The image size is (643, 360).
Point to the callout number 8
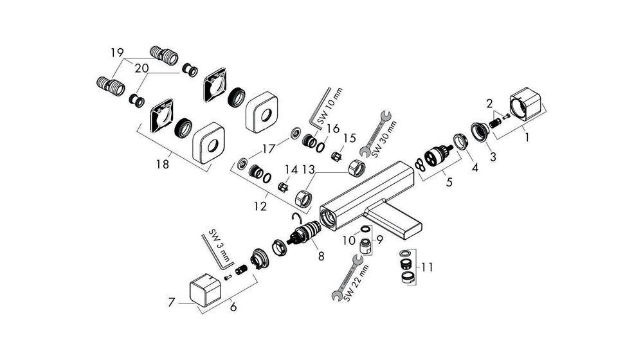320,255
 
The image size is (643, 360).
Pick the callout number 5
449,181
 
